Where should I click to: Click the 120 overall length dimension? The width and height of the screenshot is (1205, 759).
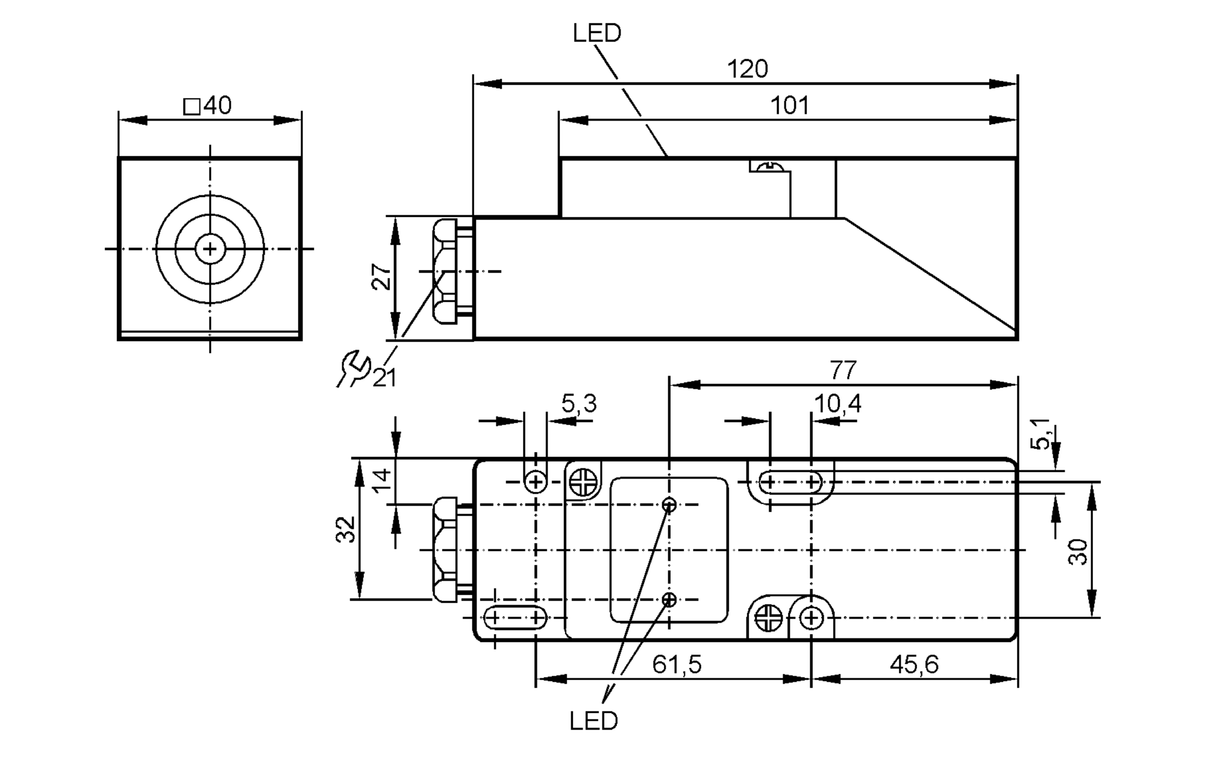click(747, 69)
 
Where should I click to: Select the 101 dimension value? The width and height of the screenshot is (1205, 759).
click(789, 106)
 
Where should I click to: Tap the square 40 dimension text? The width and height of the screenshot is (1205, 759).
click(208, 106)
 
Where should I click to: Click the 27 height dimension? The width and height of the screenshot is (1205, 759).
click(381, 277)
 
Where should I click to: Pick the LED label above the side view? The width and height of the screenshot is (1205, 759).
click(596, 33)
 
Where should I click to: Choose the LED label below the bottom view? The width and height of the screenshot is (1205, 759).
click(593, 721)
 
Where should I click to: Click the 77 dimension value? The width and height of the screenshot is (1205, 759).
click(843, 370)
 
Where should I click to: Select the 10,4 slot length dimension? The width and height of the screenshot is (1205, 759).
click(837, 404)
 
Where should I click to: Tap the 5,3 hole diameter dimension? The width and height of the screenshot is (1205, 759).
click(578, 404)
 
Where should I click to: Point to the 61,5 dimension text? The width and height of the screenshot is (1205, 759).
click(677, 664)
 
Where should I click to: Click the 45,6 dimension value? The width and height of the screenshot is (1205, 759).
click(914, 664)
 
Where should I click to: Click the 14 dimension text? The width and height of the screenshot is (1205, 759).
click(381, 480)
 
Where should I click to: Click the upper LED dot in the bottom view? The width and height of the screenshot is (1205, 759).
click(669, 505)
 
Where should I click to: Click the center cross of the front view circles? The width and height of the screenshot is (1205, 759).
click(210, 248)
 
